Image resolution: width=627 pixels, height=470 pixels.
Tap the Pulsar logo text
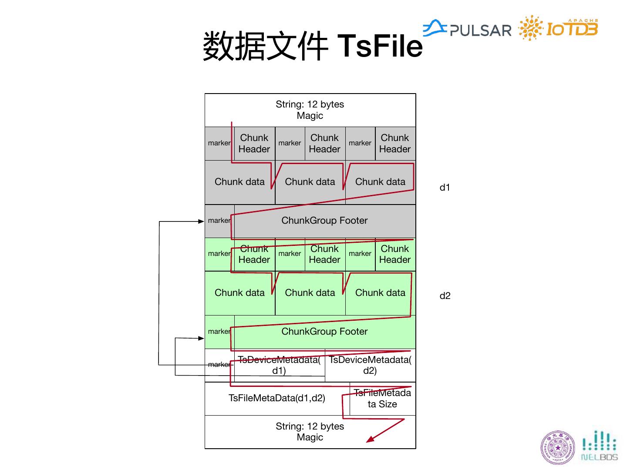480,30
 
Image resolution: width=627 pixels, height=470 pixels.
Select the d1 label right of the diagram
445,188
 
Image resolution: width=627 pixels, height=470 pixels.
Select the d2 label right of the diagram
445,296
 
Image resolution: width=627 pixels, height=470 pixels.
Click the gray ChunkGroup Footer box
324,221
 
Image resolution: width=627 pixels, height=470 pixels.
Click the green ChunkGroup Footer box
324,332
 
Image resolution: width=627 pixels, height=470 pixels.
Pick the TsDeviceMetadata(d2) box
370,365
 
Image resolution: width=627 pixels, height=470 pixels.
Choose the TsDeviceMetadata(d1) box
279,365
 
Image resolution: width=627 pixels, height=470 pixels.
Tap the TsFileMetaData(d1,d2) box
277,398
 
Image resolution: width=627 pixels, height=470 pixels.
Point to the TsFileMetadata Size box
382,399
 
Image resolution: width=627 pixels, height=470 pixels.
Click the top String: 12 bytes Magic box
310,110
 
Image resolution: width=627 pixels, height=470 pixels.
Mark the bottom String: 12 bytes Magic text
310,432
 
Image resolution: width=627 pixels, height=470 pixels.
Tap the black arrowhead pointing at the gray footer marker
201,222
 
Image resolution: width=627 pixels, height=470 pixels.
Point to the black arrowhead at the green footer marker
201,338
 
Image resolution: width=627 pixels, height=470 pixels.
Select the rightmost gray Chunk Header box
395,144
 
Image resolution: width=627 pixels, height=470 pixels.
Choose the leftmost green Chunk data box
239,293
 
